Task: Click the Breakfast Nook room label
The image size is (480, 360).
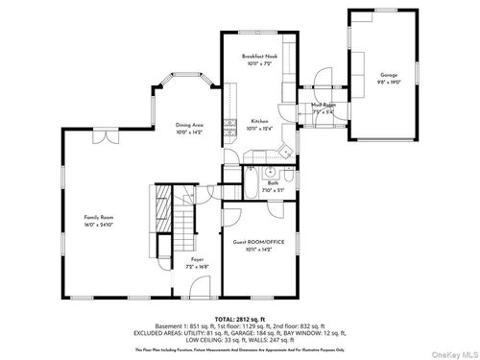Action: pos(258,58)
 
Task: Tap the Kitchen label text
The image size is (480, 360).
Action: pos(259,121)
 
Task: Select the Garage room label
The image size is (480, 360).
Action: pos(388,75)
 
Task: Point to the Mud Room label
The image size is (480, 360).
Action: pos(323,105)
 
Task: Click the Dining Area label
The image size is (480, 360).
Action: pos(189,125)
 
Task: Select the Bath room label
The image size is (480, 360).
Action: pos(273,183)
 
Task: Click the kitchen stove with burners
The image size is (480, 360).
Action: pos(228,124)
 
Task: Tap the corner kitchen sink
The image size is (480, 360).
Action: pos(286,151)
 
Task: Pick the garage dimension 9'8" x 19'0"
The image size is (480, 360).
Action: pos(388,82)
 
